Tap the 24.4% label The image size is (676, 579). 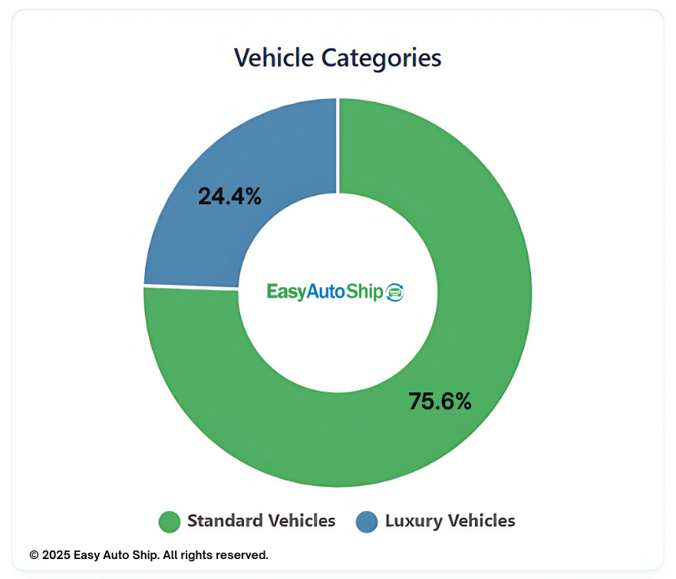[x=229, y=197]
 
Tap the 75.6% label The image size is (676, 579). [x=440, y=401]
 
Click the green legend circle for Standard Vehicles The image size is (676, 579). [x=169, y=521]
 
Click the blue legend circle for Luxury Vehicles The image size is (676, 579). [x=367, y=521]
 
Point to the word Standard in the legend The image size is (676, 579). [x=223, y=521]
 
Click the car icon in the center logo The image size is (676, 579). [x=394, y=292]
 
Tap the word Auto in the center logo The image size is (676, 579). [x=327, y=292]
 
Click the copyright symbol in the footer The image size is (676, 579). [x=34, y=554]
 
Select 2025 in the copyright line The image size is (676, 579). [x=56, y=554]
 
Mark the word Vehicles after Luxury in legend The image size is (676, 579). [x=481, y=521]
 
